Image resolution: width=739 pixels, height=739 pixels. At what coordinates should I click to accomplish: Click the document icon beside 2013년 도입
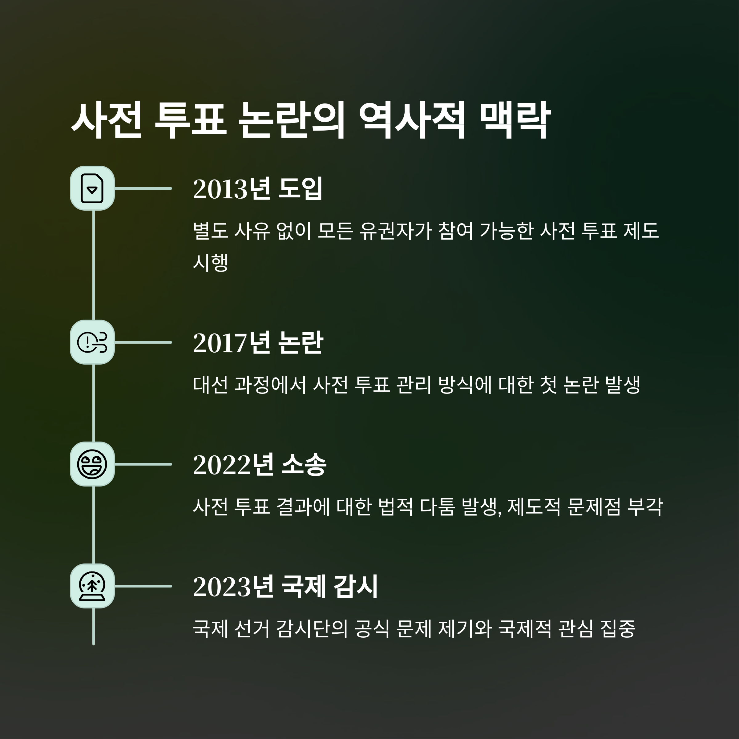[x=92, y=188]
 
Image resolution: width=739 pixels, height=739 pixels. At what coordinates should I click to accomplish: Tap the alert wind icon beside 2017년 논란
[x=92, y=342]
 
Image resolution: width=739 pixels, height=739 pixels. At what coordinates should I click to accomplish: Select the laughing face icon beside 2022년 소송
[x=92, y=464]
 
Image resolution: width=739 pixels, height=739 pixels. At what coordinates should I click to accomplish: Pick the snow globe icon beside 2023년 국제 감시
[x=92, y=586]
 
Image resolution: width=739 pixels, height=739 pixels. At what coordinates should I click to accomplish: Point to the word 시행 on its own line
[x=210, y=263]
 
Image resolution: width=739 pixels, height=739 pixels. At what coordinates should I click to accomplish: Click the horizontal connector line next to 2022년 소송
[x=143, y=464]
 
